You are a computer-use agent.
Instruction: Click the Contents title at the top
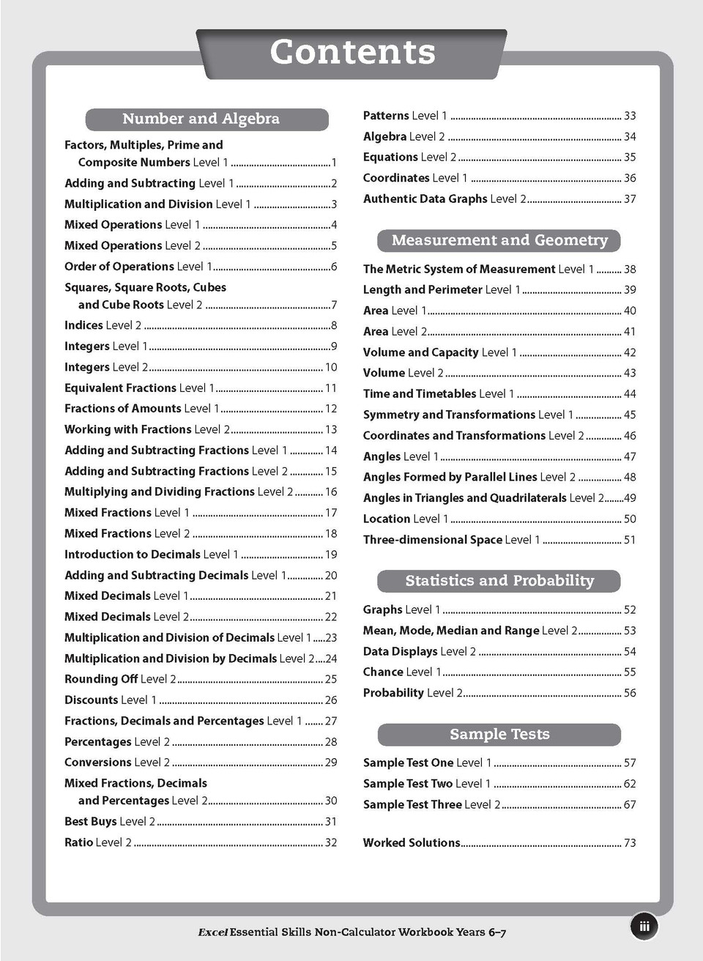click(352, 53)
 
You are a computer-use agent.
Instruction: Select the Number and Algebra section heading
click(201, 119)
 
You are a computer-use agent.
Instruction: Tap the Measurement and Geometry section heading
click(499, 240)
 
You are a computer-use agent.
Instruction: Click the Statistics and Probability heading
click(499, 581)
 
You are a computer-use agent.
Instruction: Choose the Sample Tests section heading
click(499, 734)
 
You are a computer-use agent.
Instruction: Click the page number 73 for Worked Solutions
click(630, 843)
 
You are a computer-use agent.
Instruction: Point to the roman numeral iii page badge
click(644, 926)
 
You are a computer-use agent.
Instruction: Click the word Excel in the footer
click(212, 932)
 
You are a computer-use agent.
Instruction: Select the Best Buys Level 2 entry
click(110, 822)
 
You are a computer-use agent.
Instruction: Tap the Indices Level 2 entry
click(103, 325)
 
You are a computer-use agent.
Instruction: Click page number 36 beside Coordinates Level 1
click(630, 178)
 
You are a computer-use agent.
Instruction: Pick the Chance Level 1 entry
click(401, 672)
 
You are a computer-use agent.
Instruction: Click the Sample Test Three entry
click(431, 804)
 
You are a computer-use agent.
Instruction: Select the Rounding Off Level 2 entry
click(120, 679)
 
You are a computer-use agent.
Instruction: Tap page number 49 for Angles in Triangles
click(630, 498)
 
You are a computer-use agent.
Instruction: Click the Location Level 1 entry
click(405, 519)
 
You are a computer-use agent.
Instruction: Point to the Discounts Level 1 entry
click(110, 700)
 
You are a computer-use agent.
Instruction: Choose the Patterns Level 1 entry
click(404, 116)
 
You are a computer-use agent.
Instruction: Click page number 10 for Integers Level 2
click(331, 367)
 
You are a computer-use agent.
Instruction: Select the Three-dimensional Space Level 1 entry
click(451, 540)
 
